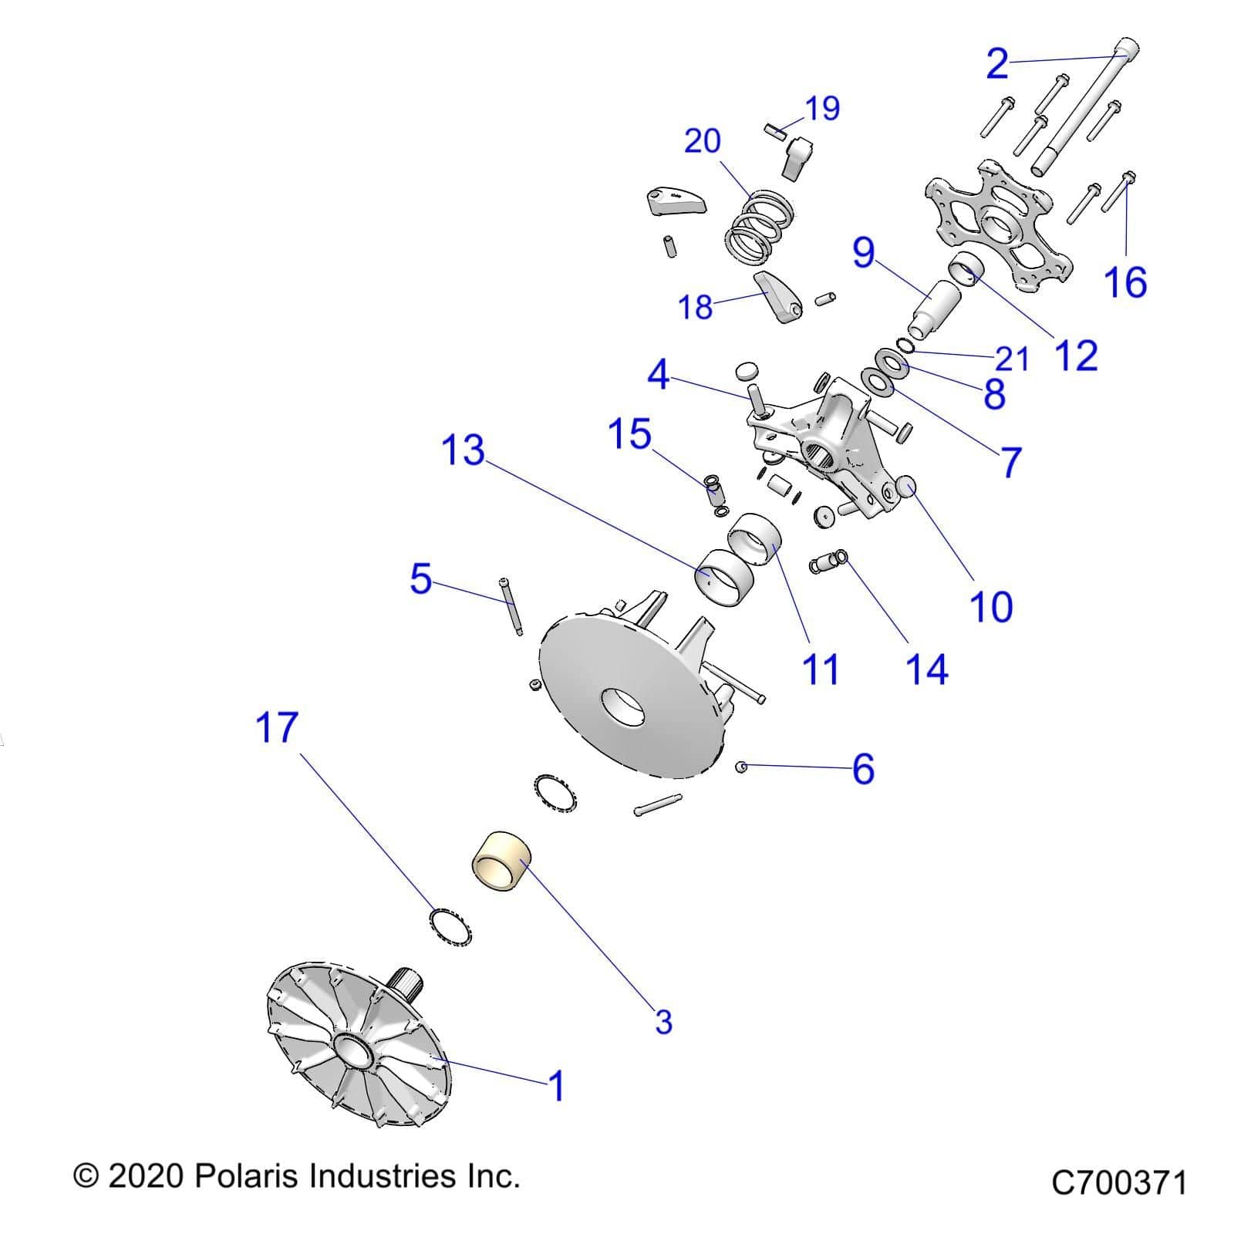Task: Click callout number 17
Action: pyautogui.click(x=276, y=727)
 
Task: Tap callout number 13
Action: pyautogui.click(x=463, y=450)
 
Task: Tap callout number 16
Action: pyautogui.click(x=1125, y=282)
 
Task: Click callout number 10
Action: pyautogui.click(x=990, y=607)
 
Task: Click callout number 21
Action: pyautogui.click(x=1012, y=359)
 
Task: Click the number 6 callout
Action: pyautogui.click(x=862, y=769)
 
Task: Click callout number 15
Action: pyautogui.click(x=629, y=434)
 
